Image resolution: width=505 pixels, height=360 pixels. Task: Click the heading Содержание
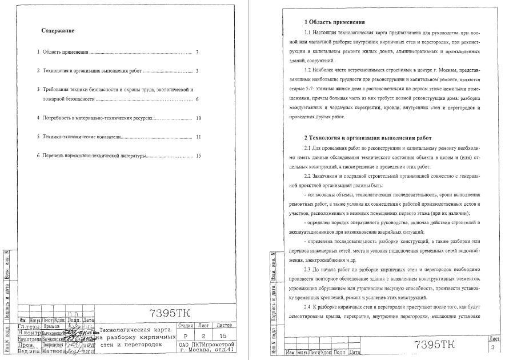click(x=59, y=30)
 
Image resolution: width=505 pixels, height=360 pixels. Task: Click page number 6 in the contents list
click(x=197, y=99)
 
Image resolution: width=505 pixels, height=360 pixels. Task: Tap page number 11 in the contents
click(x=198, y=137)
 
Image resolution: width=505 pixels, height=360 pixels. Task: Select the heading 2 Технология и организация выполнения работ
click(x=368, y=138)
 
